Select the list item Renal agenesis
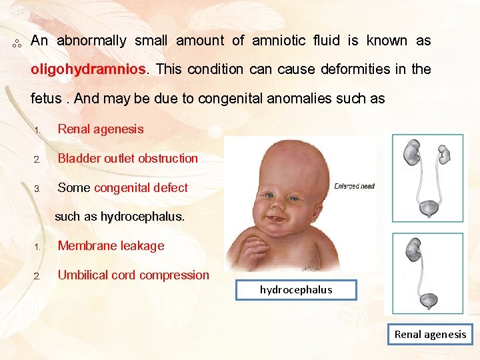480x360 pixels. point(101,129)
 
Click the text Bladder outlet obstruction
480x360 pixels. point(128,159)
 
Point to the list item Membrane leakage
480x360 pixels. point(111,246)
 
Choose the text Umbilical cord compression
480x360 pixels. point(133,275)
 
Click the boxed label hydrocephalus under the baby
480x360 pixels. point(296,289)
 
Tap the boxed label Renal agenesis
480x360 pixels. point(430,334)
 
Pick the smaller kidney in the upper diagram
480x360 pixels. point(444,154)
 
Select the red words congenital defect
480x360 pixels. point(141,188)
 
